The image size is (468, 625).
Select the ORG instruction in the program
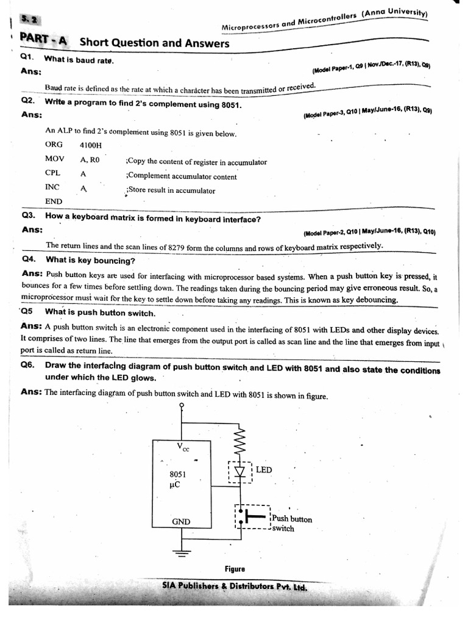tap(54, 145)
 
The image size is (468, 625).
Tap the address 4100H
tap(91, 146)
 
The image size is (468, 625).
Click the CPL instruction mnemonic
tap(53, 173)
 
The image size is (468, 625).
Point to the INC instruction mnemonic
tap(53, 187)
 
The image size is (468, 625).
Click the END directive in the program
tap(54, 201)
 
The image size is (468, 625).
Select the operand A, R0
tap(90, 159)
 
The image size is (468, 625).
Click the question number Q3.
tap(29, 216)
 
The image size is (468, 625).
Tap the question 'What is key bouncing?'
tap(90, 261)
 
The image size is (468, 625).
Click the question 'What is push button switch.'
tap(100, 313)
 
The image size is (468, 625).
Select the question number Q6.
tap(29, 365)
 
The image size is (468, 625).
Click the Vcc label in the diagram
tap(183, 447)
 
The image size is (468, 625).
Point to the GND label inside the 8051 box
tap(181, 521)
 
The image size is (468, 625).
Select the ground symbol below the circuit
tap(181, 553)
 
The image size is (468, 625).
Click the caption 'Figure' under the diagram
tap(235, 569)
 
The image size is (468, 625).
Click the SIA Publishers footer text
tap(235, 587)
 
